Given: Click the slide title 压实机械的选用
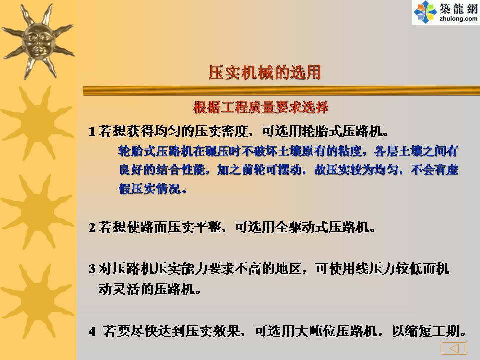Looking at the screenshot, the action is (x=265, y=73).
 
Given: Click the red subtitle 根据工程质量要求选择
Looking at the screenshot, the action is (x=261, y=107).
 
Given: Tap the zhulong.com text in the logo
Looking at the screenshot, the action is (x=458, y=19).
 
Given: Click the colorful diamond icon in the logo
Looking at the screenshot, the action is (x=425, y=12).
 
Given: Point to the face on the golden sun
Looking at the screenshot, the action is (x=38, y=42).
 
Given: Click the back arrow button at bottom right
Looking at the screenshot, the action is (x=454, y=348).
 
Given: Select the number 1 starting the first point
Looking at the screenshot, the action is (x=92, y=132).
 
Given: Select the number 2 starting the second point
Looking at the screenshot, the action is (x=92, y=228).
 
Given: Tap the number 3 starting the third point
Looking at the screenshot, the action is (x=92, y=269).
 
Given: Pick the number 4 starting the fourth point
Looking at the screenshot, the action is (x=92, y=331).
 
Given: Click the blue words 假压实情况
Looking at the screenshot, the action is (x=149, y=189).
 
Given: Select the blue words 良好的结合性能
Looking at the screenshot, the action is (x=162, y=170).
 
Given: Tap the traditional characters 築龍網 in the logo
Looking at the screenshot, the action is (x=458, y=8).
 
